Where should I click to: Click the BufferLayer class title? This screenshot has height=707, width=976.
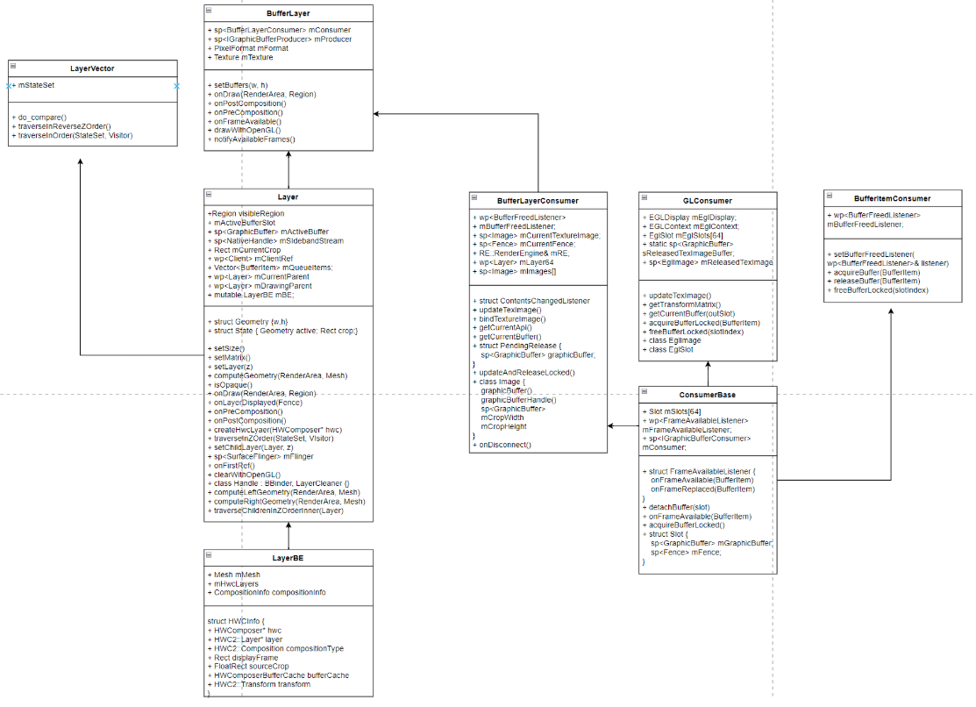tap(288, 14)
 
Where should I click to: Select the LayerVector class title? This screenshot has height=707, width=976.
tap(92, 68)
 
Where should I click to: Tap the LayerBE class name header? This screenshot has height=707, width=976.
tap(288, 558)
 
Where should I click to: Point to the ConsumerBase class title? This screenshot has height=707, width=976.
tap(707, 395)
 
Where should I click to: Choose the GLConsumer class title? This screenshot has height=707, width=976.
tap(707, 200)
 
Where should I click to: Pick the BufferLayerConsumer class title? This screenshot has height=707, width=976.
tap(538, 200)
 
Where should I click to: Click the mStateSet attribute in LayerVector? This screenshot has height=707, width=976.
tap(36, 86)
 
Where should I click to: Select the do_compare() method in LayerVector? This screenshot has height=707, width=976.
tap(41, 117)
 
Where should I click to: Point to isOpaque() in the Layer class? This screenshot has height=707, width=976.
tap(233, 384)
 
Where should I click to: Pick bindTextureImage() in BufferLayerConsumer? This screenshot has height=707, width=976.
tap(510, 318)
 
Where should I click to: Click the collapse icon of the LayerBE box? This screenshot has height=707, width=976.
tap(209, 556)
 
